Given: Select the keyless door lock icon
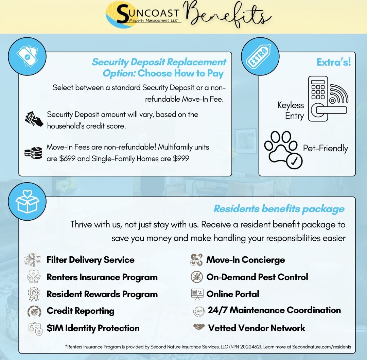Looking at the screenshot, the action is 328,99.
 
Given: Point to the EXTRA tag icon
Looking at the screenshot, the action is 260,56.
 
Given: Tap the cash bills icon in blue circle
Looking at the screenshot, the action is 28,56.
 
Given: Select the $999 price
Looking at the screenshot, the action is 180,159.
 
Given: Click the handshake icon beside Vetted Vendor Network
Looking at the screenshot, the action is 199,327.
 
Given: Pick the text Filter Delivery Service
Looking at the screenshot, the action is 90,260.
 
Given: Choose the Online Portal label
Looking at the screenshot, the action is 233,294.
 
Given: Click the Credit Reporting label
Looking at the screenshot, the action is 80,311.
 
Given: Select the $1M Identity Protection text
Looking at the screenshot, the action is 93,328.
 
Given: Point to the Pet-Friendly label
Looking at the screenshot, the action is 326,149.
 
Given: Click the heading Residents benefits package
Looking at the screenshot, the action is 279,209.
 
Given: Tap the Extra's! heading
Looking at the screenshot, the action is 333,62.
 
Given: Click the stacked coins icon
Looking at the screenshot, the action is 33,153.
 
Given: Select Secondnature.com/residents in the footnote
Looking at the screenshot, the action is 321,347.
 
